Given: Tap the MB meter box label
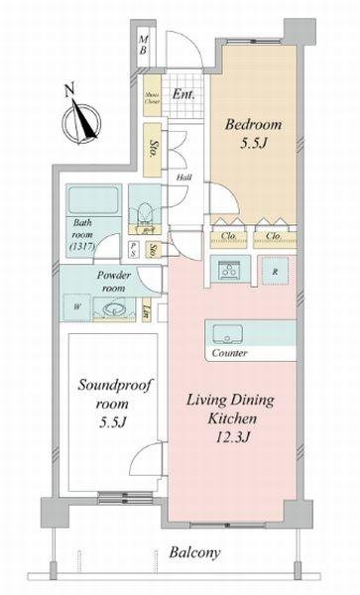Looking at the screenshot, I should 143,45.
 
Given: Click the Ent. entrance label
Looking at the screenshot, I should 181,95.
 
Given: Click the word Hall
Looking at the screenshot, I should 183,178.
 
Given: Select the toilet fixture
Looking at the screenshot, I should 145,210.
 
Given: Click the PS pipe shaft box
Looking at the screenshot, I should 133,249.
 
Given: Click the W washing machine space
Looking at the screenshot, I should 77,306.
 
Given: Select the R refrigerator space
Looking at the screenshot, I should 274,271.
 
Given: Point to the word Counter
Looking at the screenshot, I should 230,353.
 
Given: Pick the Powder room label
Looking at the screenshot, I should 115,282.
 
